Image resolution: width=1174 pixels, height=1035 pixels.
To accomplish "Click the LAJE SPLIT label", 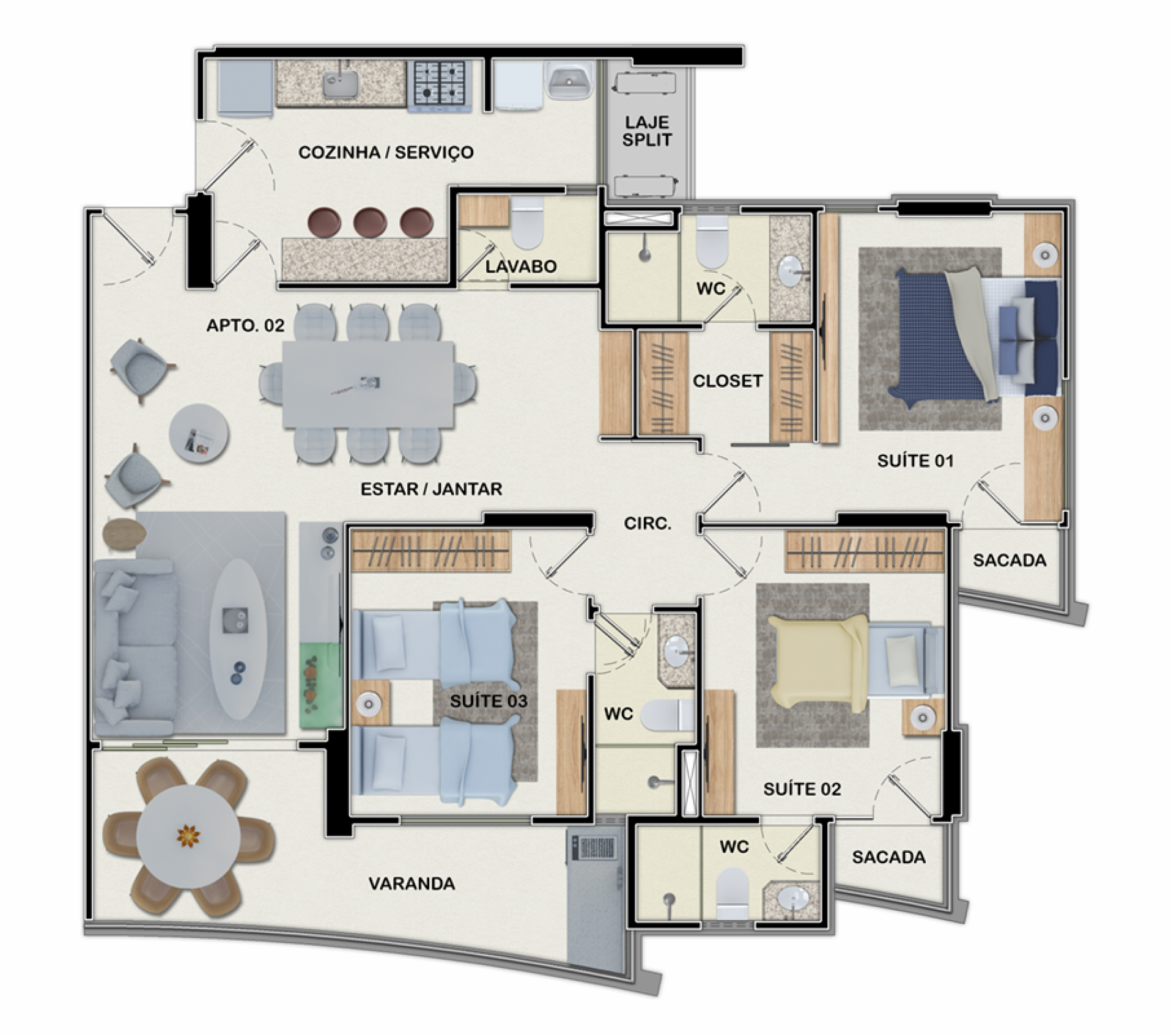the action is click(x=647, y=131).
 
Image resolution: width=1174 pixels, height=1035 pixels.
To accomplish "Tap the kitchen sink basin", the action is click(x=341, y=84).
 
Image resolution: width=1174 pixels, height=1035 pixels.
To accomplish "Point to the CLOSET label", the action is click(x=728, y=381).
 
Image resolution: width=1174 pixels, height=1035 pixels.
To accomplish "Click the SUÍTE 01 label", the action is click(x=915, y=460).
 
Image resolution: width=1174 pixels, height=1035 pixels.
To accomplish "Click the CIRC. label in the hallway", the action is click(x=648, y=523).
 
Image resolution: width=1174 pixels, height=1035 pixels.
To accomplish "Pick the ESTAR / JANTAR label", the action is click(x=431, y=489).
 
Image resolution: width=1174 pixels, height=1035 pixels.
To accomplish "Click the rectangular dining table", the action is click(x=368, y=385).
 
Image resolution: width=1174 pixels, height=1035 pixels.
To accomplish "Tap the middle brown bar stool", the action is click(x=369, y=223).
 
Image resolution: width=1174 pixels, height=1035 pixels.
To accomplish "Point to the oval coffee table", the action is click(x=238, y=638).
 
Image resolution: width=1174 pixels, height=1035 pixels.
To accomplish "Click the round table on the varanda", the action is click(x=188, y=836).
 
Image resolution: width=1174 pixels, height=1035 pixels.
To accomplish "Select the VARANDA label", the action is click(x=412, y=883).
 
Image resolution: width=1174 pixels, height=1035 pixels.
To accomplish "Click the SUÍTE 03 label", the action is click(x=489, y=701).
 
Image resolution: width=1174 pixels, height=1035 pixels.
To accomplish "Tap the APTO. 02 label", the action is click(x=245, y=325).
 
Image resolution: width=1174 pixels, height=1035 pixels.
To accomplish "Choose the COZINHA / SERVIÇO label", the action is click(x=386, y=152).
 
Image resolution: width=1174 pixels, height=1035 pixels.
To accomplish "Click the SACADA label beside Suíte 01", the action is click(x=1010, y=560).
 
